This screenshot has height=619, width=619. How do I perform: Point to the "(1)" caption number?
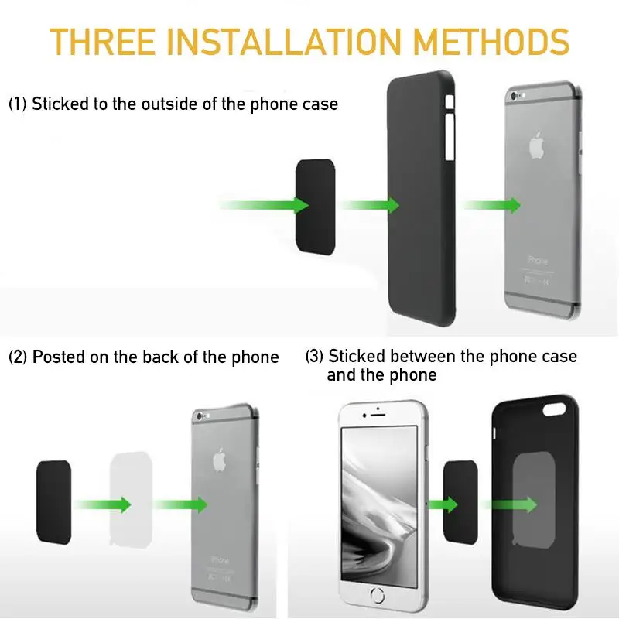pos(18,104)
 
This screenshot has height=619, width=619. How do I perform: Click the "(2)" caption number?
pos(18,357)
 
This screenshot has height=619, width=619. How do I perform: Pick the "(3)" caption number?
pos(314,357)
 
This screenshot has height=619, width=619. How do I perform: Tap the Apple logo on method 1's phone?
pos(536,145)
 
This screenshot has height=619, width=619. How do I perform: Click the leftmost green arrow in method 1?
pos(263,205)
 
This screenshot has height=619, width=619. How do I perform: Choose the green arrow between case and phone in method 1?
pos(491,205)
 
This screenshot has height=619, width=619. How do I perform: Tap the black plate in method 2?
pos(53,501)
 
